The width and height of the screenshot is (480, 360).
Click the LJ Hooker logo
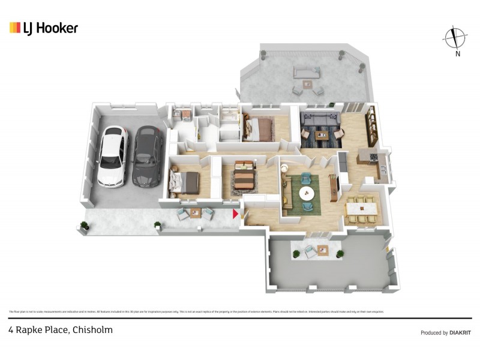[43, 28]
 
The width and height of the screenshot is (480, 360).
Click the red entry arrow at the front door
[236, 212]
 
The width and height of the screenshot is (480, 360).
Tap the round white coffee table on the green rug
[307, 193]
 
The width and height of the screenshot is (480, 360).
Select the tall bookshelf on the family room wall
[372, 125]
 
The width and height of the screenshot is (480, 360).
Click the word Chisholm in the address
[93, 330]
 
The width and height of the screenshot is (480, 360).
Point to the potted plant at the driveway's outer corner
[84, 226]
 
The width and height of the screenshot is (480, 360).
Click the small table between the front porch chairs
[194, 214]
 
